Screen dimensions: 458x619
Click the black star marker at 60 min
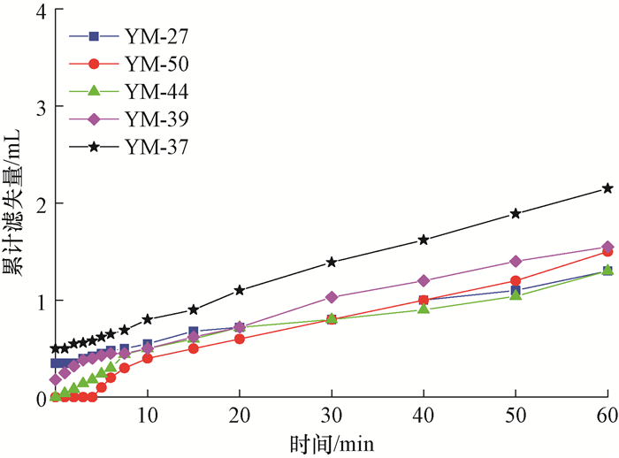click(608, 188)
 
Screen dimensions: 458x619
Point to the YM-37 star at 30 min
click(332, 262)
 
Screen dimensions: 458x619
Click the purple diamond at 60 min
click(608, 247)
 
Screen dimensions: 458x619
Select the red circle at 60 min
click(608, 252)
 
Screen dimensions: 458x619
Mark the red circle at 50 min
click(516, 281)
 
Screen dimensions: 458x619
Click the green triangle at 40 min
click(424, 309)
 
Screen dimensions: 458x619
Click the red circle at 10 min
click(148, 358)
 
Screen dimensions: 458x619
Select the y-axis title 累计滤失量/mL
click(13, 202)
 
